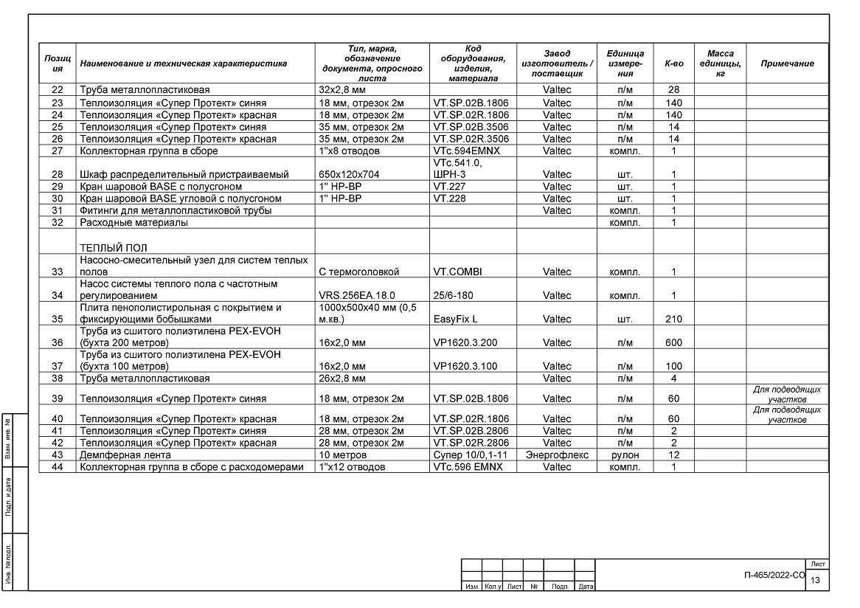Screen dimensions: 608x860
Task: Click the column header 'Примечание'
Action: (787, 63)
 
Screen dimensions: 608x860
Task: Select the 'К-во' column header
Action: (673, 63)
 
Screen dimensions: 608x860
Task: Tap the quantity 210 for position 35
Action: (673, 319)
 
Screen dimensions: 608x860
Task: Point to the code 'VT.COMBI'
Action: (457, 272)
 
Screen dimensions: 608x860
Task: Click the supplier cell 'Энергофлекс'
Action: (556, 455)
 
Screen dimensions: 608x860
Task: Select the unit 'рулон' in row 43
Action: (625, 455)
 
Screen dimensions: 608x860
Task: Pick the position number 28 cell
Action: (58, 174)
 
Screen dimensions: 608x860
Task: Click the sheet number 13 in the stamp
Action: (815, 581)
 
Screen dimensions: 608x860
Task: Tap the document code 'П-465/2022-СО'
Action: (774, 574)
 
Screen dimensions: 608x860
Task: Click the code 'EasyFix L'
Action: (456, 319)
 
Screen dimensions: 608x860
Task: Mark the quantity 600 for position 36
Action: (673, 342)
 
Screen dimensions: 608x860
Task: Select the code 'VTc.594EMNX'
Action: (462, 151)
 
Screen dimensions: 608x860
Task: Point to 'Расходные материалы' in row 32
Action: (133, 222)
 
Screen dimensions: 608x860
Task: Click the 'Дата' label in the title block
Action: (586, 587)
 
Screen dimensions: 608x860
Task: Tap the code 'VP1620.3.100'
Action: (465, 367)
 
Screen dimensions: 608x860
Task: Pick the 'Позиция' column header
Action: (58, 63)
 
